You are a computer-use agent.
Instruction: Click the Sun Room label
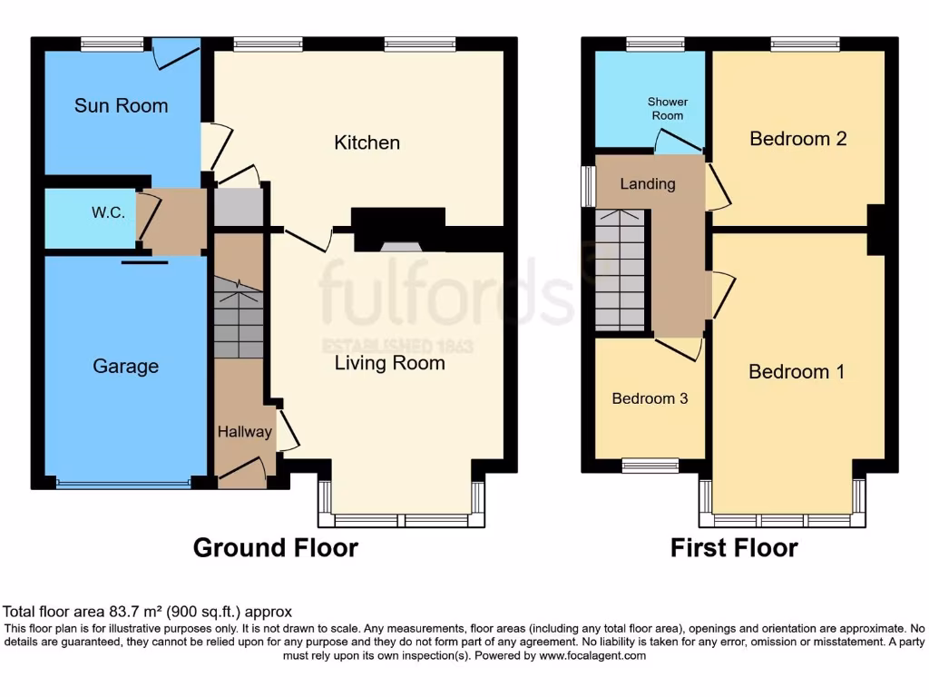pyautogui.click(x=121, y=106)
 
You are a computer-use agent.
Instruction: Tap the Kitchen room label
pyautogui.click(x=367, y=142)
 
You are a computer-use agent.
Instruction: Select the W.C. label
pyautogui.click(x=108, y=212)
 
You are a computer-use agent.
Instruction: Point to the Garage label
pyautogui.click(x=125, y=367)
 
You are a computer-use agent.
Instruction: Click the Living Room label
pyautogui.click(x=389, y=364)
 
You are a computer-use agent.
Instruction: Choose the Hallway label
pyautogui.click(x=244, y=432)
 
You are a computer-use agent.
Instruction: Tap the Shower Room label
pyautogui.click(x=667, y=109)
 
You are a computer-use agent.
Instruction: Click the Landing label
pyautogui.click(x=647, y=184)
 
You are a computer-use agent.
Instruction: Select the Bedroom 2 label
pyautogui.click(x=797, y=139)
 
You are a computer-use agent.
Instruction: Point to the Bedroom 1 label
pyautogui.click(x=796, y=372)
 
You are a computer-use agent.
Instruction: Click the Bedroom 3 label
pyautogui.click(x=650, y=398)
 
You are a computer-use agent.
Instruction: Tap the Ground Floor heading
pyautogui.click(x=275, y=548)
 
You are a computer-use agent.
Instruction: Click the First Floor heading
pyautogui.click(x=733, y=548)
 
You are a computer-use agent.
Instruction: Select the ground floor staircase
pyautogui.click(x=238, y=321)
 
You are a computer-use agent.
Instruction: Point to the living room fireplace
pyautogui.click(x=398, y=231)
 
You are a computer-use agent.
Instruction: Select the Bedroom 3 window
pyautogui.click(x=650, y=466)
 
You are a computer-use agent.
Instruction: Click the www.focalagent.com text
pyautogui.click(x=592, y=655)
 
